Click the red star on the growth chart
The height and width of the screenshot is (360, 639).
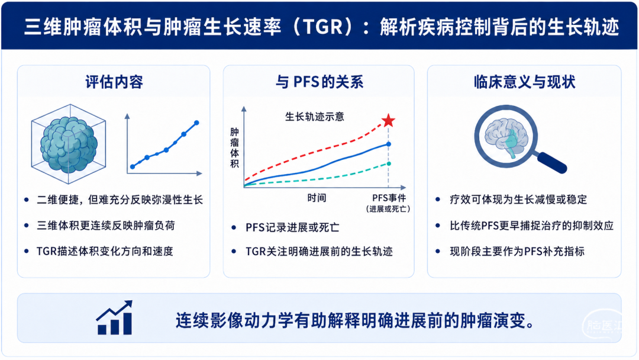388,120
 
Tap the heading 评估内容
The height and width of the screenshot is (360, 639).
114,82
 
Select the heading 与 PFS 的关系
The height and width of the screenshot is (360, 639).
319,82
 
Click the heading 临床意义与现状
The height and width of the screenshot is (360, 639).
524,82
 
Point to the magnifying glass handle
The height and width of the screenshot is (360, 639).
551,162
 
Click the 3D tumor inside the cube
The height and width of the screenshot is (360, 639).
69,144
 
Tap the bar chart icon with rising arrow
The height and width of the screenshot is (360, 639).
115,317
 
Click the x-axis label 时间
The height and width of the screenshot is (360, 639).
317,198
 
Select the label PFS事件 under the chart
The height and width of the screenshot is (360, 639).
389,198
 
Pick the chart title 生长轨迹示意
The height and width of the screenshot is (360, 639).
315,117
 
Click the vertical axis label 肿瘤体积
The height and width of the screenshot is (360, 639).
234,147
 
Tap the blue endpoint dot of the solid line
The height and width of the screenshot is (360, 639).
389,144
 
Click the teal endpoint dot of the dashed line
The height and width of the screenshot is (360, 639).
389,163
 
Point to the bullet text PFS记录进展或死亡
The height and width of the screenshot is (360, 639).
292,227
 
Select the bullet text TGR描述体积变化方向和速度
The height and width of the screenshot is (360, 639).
105,251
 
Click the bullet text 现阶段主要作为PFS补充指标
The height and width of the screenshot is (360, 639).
517,251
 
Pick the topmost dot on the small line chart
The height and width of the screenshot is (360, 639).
196,123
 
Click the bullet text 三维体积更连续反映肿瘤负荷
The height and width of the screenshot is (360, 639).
106,226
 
